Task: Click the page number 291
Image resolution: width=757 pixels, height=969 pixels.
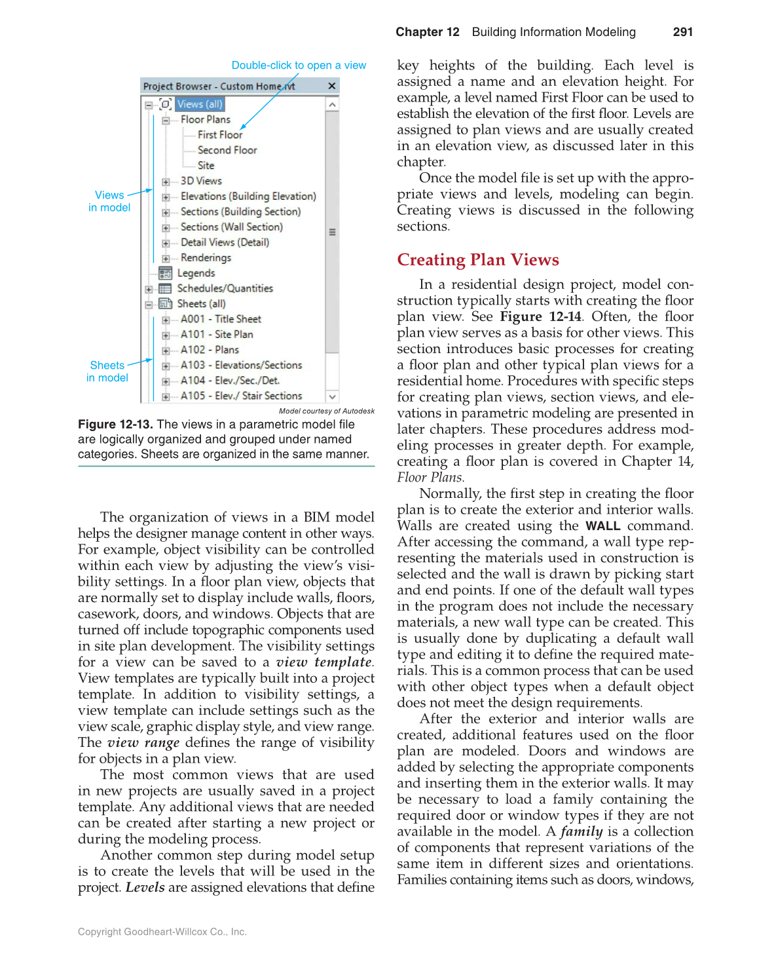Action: [x=682, y=32]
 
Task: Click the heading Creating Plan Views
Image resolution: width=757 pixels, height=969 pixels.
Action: [x=477, y=260]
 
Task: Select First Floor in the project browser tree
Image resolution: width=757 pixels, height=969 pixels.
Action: [x=220, y=135]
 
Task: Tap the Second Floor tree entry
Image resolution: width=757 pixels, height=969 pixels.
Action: [x=227, y=150]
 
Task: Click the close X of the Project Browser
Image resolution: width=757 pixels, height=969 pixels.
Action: [x=332, y=86]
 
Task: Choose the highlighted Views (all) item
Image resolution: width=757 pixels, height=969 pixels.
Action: [x=200, y=104]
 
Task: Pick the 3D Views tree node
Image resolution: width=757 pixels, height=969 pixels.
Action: [x=201, y=181]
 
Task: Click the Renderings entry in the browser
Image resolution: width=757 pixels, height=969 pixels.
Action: [x=206, y=258]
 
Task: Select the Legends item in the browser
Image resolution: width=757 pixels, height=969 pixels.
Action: [x=196, y=273]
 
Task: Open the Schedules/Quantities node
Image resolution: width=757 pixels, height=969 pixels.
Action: [x=225, y=288]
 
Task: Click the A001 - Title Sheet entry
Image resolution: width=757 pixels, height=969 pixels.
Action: [x=221, y=319]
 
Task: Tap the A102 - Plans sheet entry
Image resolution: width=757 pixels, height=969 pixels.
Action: [x=210, y=350]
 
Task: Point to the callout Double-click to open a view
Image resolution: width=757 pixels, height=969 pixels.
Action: [x=299, y=66]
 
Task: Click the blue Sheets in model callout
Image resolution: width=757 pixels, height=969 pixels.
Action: [x=107, y=371]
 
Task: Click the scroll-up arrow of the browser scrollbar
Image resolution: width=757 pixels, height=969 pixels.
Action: [x=332, y=105]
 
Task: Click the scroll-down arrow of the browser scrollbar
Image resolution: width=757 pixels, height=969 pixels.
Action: [x=332, y=396]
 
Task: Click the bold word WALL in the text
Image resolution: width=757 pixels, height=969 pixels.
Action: [x=602, y=526]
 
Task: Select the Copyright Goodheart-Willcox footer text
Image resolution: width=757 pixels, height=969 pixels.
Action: [x=162, y=932]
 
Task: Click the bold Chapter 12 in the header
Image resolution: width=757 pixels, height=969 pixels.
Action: [x=427, y=32]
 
